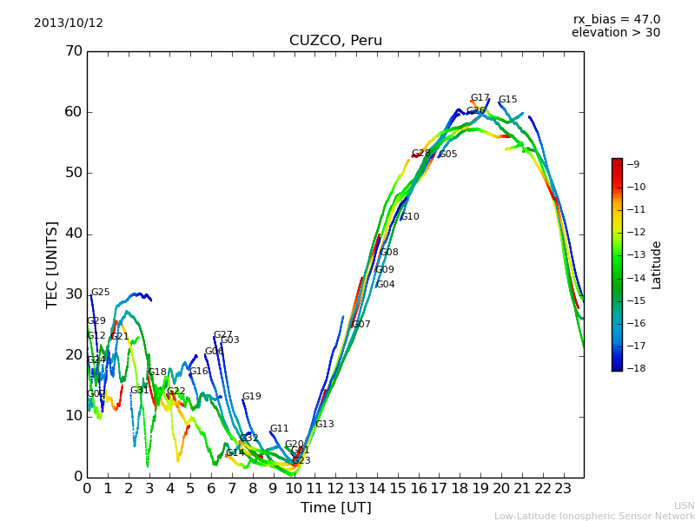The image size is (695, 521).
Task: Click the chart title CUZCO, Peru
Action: (x=335, y=41)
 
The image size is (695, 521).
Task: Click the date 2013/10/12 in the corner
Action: (x=69, y=23)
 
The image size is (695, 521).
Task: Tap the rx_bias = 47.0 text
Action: (x=616, y=20)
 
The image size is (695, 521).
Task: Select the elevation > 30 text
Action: (x=615, y=33)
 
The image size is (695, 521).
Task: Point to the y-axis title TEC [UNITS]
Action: (x=52, y=264)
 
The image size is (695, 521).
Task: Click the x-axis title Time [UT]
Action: (x=335, y=508)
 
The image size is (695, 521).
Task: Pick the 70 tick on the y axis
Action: (x=73, y=51)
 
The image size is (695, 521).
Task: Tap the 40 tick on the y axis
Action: (x=73, y=234)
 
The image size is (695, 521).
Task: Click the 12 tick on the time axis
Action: (x=335, y=488)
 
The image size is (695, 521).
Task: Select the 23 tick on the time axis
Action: (x=563, y=488)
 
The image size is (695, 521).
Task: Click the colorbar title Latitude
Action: (x=657, y=265)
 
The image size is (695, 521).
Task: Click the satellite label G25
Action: (x=101, y=293)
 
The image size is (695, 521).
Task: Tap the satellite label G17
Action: (x=480, y=98)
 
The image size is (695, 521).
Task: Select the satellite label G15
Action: (x=507, y=100)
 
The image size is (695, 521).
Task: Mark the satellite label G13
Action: (x=325, y=425)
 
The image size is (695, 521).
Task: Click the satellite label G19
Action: (x=251, y=397)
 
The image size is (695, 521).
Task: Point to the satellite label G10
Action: (x=409, y=217)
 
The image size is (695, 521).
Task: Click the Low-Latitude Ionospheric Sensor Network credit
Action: (x=594, y=516)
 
